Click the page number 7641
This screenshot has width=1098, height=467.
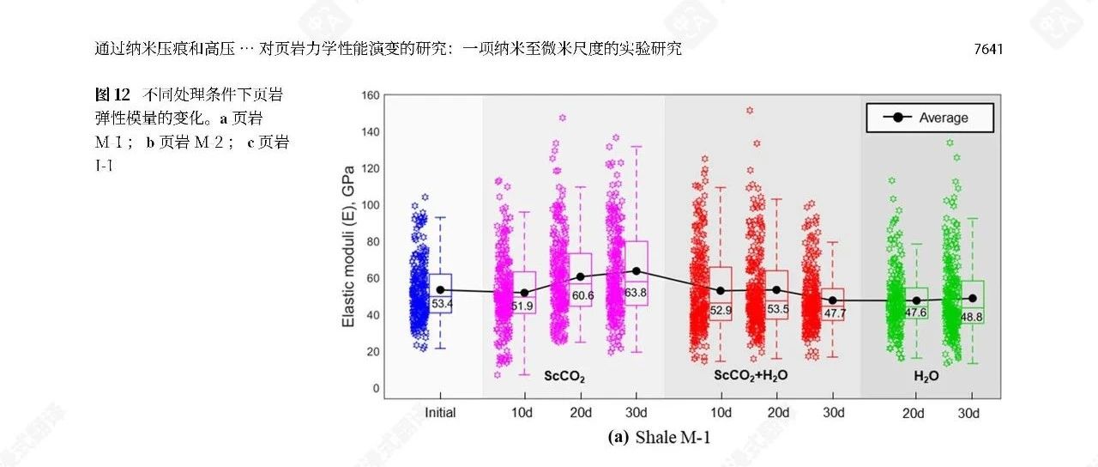tap(988, 50)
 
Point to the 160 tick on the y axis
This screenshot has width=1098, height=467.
tap(370, 95)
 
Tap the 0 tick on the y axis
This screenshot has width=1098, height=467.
tap(375, 388)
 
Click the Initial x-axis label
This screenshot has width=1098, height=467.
tap(440, 413)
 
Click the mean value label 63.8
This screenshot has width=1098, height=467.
tap(636, 293)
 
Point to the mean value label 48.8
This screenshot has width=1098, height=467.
tap(972, 317)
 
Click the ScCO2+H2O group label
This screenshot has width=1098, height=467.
tap(751, 376)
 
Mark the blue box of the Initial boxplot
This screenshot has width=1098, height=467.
tap(440, 293)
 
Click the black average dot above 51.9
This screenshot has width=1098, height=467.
tap(525, 293)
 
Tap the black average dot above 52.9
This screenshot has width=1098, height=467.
tap(721, 291)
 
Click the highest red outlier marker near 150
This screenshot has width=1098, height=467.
tap(750, 111)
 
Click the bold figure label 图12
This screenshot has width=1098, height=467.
tap(112, 94)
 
